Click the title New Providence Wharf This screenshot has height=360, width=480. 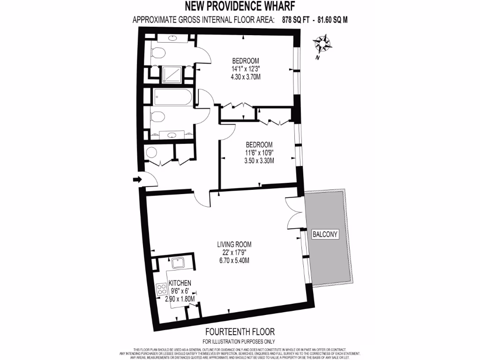click(240, 7)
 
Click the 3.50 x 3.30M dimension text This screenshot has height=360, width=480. click(259, 160)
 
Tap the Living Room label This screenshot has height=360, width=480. click(234, 244)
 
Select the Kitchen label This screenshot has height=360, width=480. click(180, 283)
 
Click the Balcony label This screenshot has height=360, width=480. click(325, 234)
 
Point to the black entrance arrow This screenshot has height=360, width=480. click(136, 180)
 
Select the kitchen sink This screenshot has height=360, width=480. click(179, 262)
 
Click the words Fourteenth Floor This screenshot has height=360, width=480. click(239, 331)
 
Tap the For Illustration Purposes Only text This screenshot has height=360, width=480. click(239, 341)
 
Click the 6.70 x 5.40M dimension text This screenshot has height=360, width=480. click(233, 260)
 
